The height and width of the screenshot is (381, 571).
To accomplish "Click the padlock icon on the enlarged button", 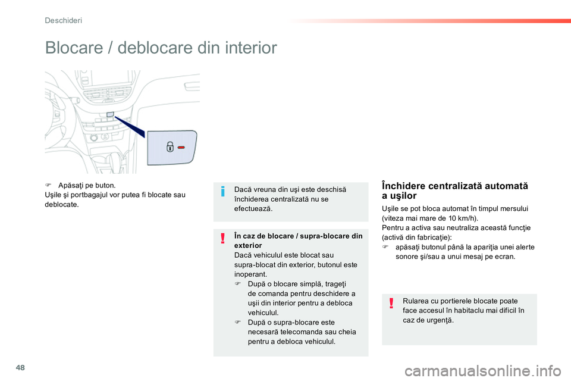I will tap(170, 146).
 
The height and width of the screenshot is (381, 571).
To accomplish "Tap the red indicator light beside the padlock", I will tap(181, 146).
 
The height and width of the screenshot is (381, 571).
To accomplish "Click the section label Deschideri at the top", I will tap(64, 20).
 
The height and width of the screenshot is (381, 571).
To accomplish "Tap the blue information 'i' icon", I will tap(222, 191).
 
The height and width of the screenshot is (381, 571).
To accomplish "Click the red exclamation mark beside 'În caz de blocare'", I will tap(222, 239).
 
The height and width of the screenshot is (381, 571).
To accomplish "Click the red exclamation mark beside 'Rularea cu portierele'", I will tap(391, 304).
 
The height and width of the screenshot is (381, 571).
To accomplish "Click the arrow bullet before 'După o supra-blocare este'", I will tap(238, 322).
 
